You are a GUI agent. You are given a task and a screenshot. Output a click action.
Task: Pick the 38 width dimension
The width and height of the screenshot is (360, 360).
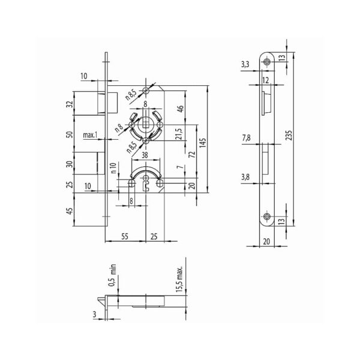pos(146,154)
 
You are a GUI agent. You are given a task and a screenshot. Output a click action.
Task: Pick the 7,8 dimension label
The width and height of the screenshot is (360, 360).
pos(247,138)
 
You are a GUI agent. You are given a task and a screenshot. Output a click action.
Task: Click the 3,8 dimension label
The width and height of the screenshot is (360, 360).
pos(247,177)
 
